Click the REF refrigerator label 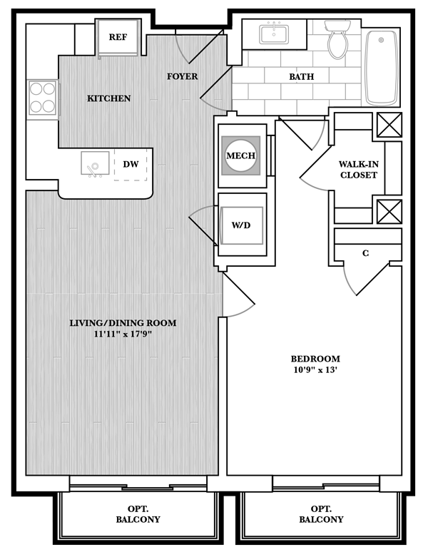pos(118,37)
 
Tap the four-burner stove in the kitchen pos(43,98)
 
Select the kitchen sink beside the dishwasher pos(95,163)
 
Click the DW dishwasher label pos(131,164)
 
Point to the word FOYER pos(182,76)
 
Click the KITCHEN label pos(109,98)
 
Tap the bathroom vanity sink pos(274,34)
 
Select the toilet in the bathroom pos(337,39)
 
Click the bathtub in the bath pos(381,68)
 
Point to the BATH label pos(301,77)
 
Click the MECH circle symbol pos(240,155)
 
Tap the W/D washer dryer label pos(241,225)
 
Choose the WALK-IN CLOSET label pos(359,170)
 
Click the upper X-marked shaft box pos(389,125)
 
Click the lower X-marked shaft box pos(389,211)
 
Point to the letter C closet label pos(365,253)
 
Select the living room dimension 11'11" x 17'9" pos(123,334)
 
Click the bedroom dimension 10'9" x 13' pos(315,370)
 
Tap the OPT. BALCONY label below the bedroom pos(321,514)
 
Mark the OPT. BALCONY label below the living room pos(138,514)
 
